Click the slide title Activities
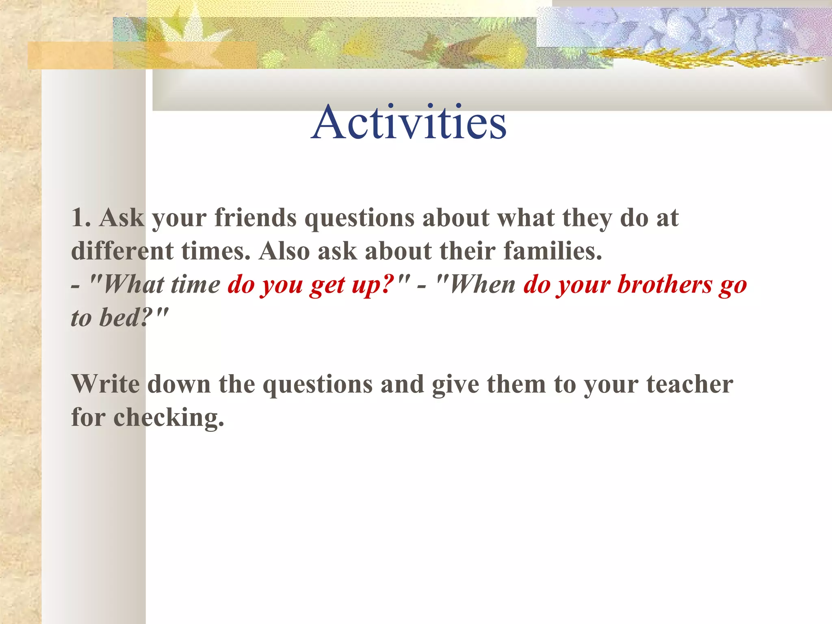(x=409, y=123)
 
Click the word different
(x=122, y=251)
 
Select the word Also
(x=284, y=251)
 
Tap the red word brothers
(x=665, y=284)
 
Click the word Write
(x=106, y=384)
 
